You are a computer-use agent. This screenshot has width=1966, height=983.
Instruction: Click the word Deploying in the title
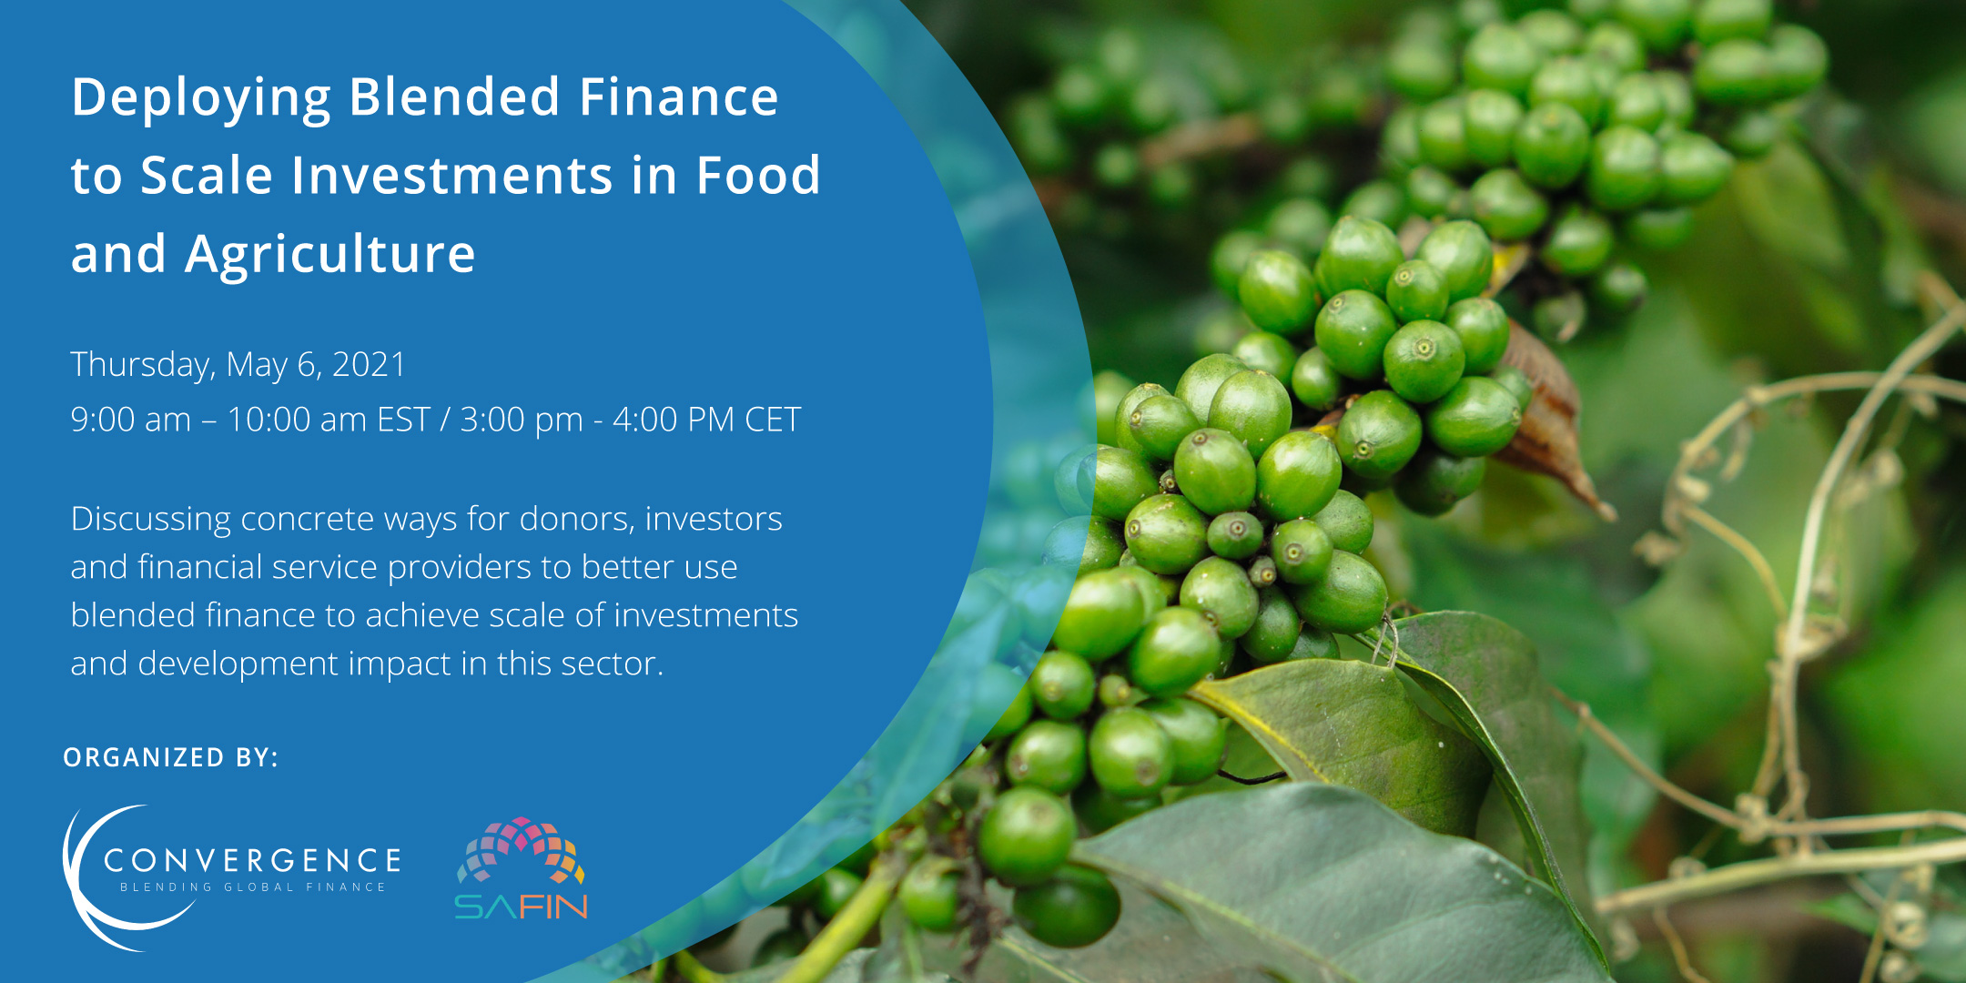click(201, 99)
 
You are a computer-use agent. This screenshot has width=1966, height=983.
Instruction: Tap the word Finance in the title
click(679, 96)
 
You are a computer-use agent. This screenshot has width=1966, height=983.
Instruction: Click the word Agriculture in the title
click(330, 255)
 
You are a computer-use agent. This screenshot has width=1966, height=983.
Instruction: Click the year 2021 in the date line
click(369, 364)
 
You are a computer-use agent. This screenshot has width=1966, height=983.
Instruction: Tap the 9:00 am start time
click(131, 420)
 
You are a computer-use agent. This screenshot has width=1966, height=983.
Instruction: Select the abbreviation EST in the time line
click(403, 420)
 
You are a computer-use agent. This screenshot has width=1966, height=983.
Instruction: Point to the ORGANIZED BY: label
click(171, 757)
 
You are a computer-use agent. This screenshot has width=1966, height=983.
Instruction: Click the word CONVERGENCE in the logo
click(252, 860)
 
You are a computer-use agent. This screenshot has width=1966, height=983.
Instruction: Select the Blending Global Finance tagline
click(253, 887)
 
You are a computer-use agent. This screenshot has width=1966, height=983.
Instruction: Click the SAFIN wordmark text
click(521, 907)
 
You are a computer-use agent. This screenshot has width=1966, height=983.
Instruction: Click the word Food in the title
click(758, 175)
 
